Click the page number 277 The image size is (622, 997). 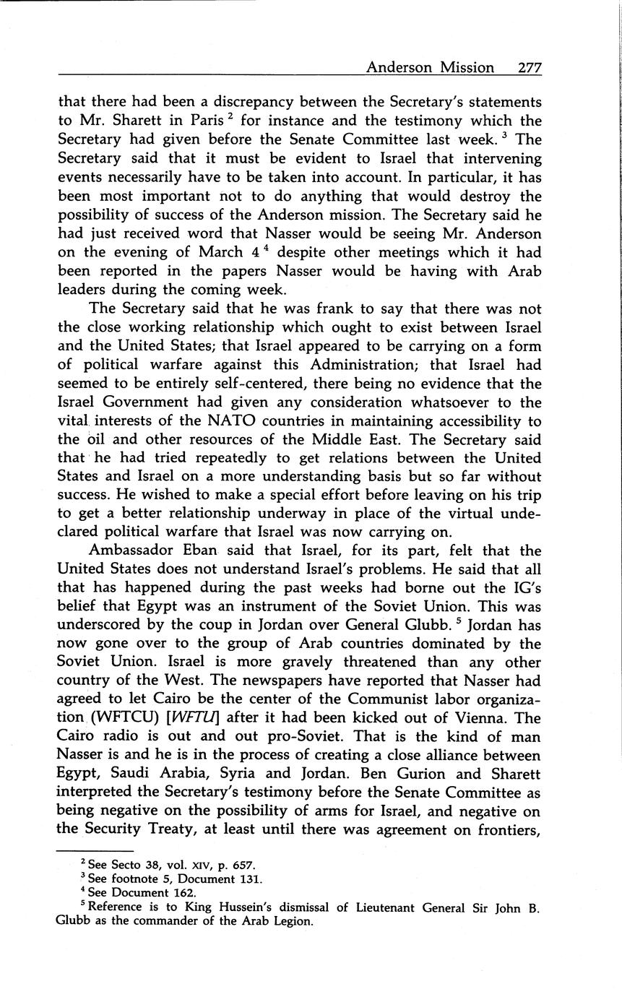[529, 68]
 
